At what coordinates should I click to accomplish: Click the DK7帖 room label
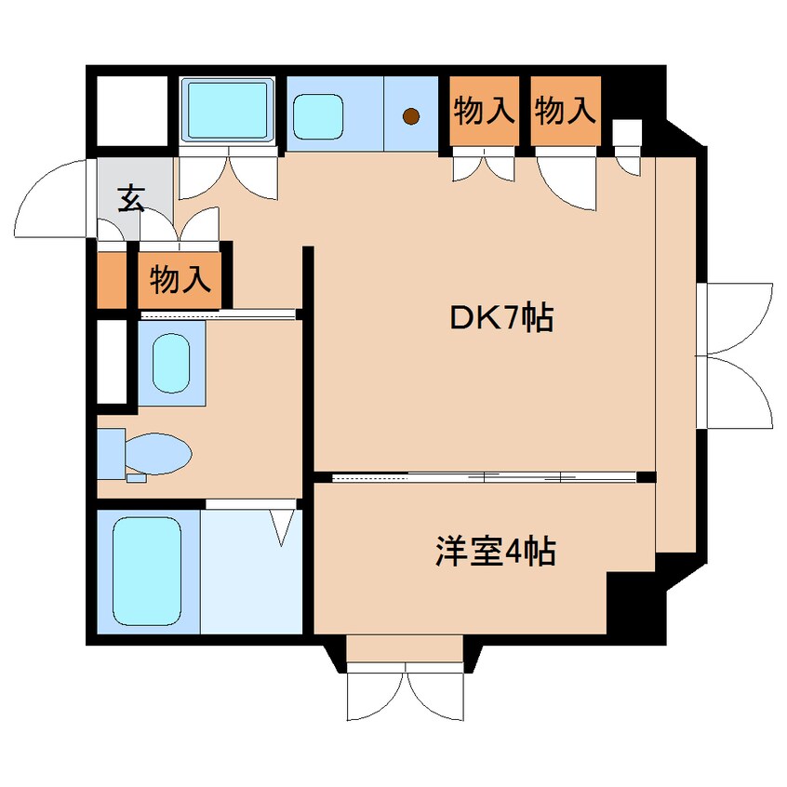click(501, 318)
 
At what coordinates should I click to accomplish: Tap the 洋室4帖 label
click(496, 552)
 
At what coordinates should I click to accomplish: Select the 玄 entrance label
click(132, 198)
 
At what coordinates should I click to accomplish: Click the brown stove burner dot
click(410, 116)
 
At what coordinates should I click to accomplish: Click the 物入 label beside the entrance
click(180, 279)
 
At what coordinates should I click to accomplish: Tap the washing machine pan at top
click(227, 110)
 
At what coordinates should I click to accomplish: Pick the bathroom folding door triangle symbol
click(283, 527)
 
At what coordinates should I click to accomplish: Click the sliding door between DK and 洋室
click(484, 477)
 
